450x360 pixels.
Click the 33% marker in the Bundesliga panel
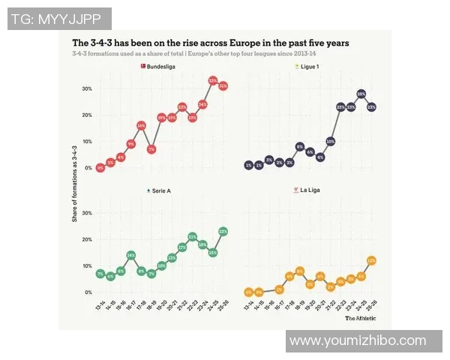pos(213,80)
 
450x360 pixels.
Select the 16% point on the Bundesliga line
pos(141,125)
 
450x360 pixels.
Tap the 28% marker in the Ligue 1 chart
pos(361,94)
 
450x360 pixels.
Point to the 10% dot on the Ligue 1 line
pos(331,141)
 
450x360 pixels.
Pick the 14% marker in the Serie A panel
pos(130,255)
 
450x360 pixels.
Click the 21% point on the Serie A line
pos(193,238)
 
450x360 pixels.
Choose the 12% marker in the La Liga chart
pos(371,260)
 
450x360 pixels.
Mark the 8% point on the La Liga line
pos(299,271)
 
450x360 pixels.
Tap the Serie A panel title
pos(159,191)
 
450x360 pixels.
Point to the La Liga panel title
pos(309,191)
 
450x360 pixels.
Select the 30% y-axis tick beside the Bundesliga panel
pos(86,88)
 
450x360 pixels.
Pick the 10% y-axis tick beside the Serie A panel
pos(86,265)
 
